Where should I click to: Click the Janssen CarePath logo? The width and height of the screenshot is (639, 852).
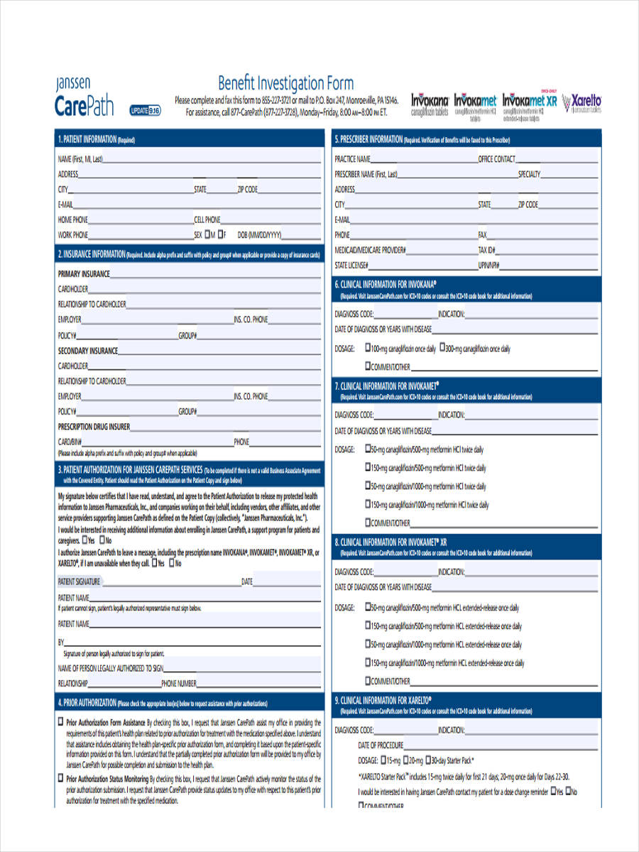(x=84, y=97)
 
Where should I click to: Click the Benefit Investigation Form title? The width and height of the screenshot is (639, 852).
(x=285, y=82)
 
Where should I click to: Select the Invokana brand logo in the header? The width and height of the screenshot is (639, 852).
(x=430, y=104)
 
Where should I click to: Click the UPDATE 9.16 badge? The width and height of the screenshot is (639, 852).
(x=146, y=110)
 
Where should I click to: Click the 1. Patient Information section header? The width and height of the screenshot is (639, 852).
(x=97, y=140)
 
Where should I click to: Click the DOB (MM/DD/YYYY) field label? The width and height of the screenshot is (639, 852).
(x=260, y=235)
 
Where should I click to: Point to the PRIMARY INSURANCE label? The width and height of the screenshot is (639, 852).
(x=84, y=273)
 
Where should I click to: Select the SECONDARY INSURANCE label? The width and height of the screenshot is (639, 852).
(x=87, y=351)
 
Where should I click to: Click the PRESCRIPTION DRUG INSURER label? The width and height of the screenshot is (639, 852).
(x=94, y=427)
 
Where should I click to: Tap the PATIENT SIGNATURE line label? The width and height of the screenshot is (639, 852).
(x=79, y=582)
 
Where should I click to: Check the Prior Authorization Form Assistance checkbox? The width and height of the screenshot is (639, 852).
(x=60, y=721)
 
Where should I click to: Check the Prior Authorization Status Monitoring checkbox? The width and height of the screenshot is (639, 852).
(x=60, y=779)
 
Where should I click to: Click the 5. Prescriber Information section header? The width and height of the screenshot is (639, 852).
(x=422, y=140)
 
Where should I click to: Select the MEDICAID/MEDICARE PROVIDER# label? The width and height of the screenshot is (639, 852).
(x=370, y=251)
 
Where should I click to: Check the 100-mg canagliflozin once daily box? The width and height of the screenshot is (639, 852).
(x=368, y=348)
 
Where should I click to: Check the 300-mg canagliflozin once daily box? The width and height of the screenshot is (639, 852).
(x=443, y=348)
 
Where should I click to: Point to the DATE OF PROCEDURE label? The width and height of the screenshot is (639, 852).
(x=381, y=745)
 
